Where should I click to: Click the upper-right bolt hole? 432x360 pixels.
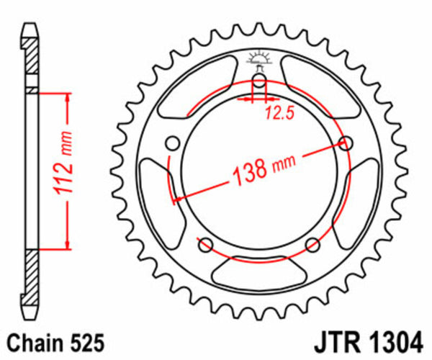coord(346,143)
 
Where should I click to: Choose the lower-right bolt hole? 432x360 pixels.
coord(313,244)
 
